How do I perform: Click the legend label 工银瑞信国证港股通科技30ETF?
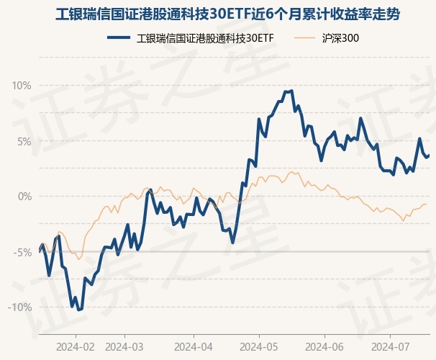coord(206,38)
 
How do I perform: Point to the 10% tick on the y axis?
coord(22,86)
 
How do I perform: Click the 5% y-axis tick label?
coord(24,141)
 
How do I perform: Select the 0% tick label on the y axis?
coord(24,197)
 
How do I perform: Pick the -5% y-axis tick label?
coord(23,252)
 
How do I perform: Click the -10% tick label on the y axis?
coord(20,307)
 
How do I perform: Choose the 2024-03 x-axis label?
coord(124,346)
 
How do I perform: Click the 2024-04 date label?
coord(194,346)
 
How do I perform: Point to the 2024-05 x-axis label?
coord(260,346)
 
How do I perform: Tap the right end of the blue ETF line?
coord(430,154)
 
